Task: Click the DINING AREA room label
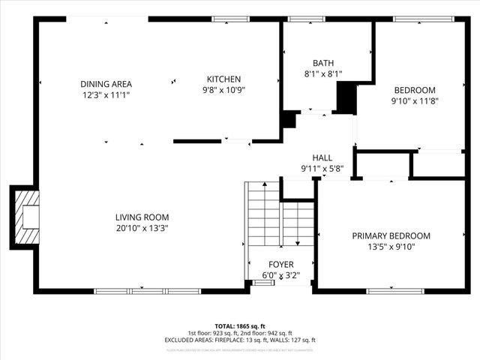106,84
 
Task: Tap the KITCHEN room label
223,79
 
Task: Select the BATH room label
323,63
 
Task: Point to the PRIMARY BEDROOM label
391,235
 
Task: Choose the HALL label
322,157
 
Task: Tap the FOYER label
282,265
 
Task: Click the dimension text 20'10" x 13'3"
141,228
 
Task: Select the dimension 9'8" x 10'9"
223,90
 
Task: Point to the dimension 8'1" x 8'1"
323,73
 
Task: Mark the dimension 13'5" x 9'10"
391,246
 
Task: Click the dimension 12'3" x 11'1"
106,95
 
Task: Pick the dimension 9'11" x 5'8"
322,169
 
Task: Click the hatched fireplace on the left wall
26,217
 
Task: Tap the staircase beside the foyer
265,217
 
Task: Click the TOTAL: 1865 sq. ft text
240,326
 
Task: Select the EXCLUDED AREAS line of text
240,340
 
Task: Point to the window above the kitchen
224,19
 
